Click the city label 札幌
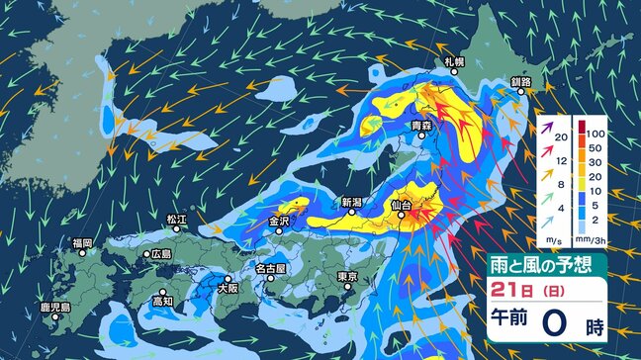[454, 63]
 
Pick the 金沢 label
[279, 222]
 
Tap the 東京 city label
[346, 277]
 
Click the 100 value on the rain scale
[596, 132]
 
